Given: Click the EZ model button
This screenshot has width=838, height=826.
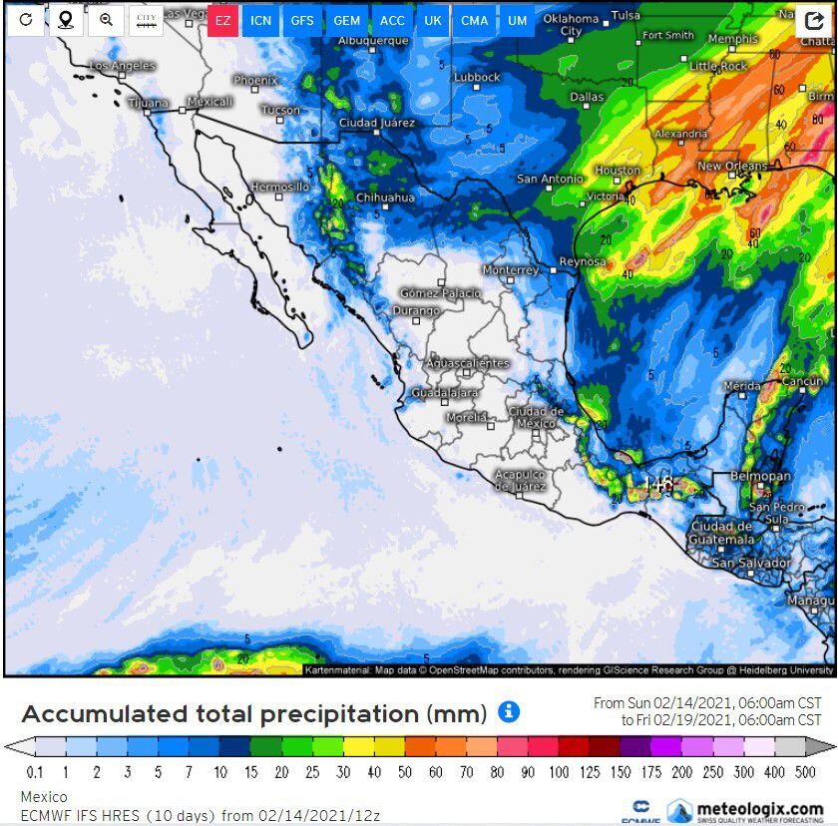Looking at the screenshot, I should [222, 20].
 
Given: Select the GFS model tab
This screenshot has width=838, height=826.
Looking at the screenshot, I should [301, 20].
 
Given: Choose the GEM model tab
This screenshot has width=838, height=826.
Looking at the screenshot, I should [346, 20].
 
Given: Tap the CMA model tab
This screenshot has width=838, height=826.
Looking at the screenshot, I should [474, 20].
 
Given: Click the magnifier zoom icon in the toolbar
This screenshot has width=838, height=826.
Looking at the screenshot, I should [106, 20].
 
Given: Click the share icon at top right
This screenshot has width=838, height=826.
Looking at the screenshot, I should [814, 20].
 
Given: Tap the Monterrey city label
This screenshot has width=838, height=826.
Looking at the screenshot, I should [510, 269].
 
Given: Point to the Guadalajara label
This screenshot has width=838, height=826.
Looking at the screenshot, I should [445, 393].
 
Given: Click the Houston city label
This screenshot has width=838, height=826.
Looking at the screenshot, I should [618, 171].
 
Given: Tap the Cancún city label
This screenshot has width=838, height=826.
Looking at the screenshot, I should [802, 380].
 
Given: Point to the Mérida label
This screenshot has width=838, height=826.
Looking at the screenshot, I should [741, 385].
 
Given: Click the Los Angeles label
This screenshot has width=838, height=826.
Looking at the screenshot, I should [122, 65].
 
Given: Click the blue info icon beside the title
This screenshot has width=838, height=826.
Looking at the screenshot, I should [509, 711].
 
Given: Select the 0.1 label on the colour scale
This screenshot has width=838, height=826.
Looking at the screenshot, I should [35, 772].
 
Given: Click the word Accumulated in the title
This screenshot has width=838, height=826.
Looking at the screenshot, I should [105, 714].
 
